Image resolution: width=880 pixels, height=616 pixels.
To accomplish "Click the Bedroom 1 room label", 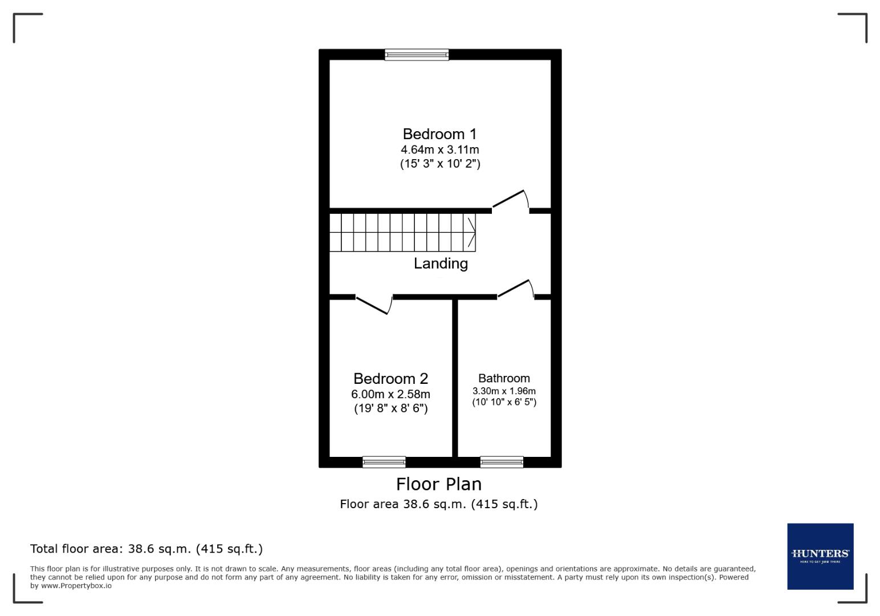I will (x=439, y=134).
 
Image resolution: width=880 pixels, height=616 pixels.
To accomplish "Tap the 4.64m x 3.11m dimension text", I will (x=439, y=150).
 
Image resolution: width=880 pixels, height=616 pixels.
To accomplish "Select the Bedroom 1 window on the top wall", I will (x=417, y=55).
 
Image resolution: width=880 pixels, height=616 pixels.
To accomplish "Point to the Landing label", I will (x=441, y=264).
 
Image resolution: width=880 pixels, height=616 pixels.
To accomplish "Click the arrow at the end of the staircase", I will (x=472, y=233).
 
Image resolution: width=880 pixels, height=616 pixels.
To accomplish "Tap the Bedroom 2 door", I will (x=373, y=304).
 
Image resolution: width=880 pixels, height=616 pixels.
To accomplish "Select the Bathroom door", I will (x=515, y=289).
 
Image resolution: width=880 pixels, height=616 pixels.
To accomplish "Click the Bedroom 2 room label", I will (x=390, y=379).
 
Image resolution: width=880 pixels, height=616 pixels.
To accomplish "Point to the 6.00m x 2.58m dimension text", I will (x=390, y=394).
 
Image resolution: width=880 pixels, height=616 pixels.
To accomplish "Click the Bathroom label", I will (x=504, y=378).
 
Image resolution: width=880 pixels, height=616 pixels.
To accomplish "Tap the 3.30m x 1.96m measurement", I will (x=504, y=391).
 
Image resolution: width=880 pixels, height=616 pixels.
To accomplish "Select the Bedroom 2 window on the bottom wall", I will (x=384, y=462).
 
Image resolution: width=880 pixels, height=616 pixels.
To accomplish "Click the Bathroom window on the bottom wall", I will (x=502, y=462).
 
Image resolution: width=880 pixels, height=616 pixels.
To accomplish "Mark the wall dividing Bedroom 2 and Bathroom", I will (x=455, y=376).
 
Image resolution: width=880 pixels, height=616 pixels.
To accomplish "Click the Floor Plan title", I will (x=439, y=484).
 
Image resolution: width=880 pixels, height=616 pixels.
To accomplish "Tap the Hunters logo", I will (x=820, y=556).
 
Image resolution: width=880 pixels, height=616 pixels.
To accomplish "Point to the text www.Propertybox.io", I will (x=76, y=586).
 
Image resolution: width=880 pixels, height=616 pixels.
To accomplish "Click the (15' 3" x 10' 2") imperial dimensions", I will (x=439, y=164).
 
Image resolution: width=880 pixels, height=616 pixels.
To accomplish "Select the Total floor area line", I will (x=146, y=549).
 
